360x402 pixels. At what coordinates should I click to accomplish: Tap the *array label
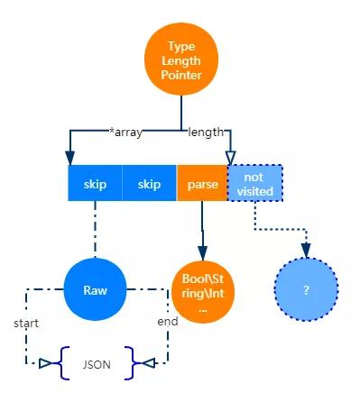127,132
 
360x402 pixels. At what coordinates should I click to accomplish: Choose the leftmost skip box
95,184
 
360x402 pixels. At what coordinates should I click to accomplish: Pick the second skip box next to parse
149,184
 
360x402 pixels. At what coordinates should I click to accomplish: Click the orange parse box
201,184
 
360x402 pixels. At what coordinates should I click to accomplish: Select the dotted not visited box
254,183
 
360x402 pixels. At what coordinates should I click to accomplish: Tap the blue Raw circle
95,291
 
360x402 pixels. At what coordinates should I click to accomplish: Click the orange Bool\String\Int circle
202,291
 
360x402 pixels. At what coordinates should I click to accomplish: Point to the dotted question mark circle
306,291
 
